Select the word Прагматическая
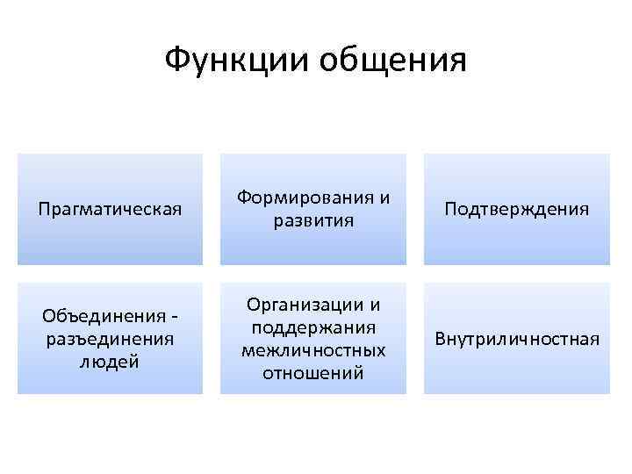click(x=110, y=210)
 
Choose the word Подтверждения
click(x=516, y=210)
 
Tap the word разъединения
click(x=110, y=338)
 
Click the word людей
click(x=110, y=361)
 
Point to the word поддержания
click(x=313, y=327)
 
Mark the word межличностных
click(x=313, y=350)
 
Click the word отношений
click(x=313, y=373)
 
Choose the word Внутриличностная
click(x=516, y=338)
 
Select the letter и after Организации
click(x=375, y=305)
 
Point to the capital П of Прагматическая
click(x=45, y=210)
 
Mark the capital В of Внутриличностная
click(x=439, y=338)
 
